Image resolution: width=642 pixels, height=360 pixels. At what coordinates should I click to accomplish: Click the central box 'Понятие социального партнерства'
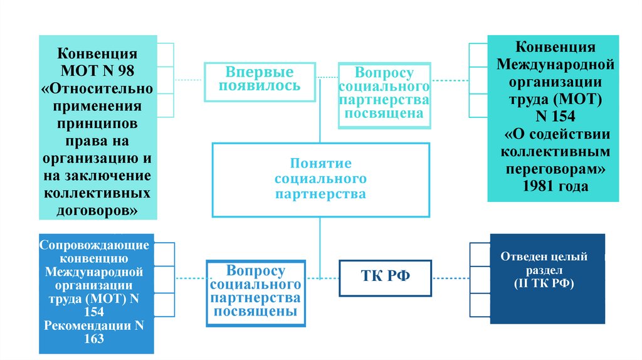tap(320, 179)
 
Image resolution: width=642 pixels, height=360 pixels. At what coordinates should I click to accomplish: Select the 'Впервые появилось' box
tap(259, 82)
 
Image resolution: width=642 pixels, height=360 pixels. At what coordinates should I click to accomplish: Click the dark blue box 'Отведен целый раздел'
tap(547, 278)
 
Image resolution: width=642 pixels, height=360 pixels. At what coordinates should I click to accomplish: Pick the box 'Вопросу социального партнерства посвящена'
tap(384, 95)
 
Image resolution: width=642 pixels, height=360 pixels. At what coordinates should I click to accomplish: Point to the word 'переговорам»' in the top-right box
tap(550, 169)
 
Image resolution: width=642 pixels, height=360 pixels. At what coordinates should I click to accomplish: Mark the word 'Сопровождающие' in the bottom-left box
tap(94, 245)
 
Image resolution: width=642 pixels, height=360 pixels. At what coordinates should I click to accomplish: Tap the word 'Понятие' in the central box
tap(320, 163)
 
